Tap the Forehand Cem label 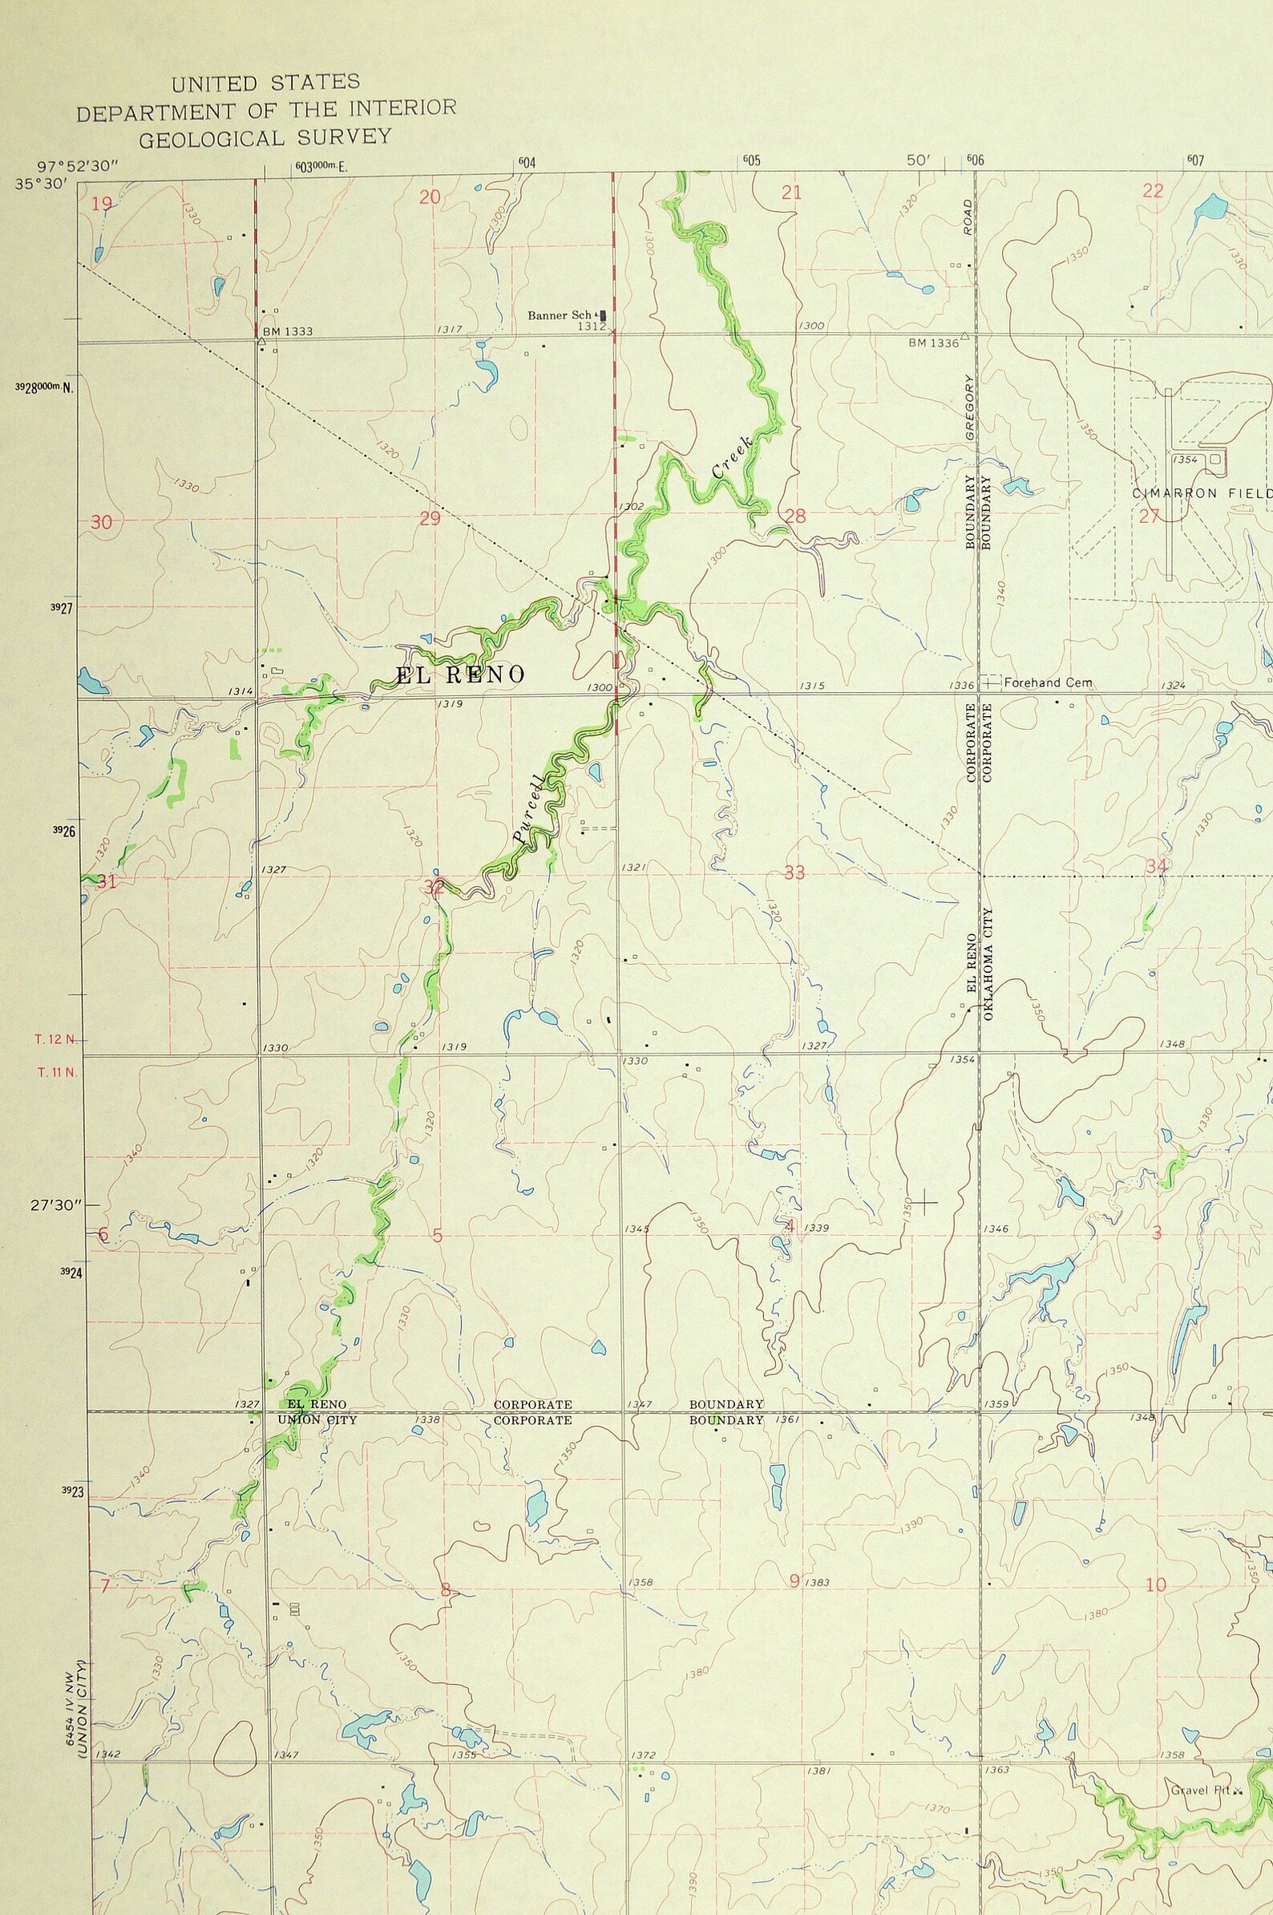(x=1047, y=683)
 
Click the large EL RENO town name (x=460, y=675)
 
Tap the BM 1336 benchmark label (x=933, y=343)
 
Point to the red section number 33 (x=794, y=873)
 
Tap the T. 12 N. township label (x=56, y=1039)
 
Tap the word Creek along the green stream (x=731, y=458)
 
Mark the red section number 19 (x=101, y=204)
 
